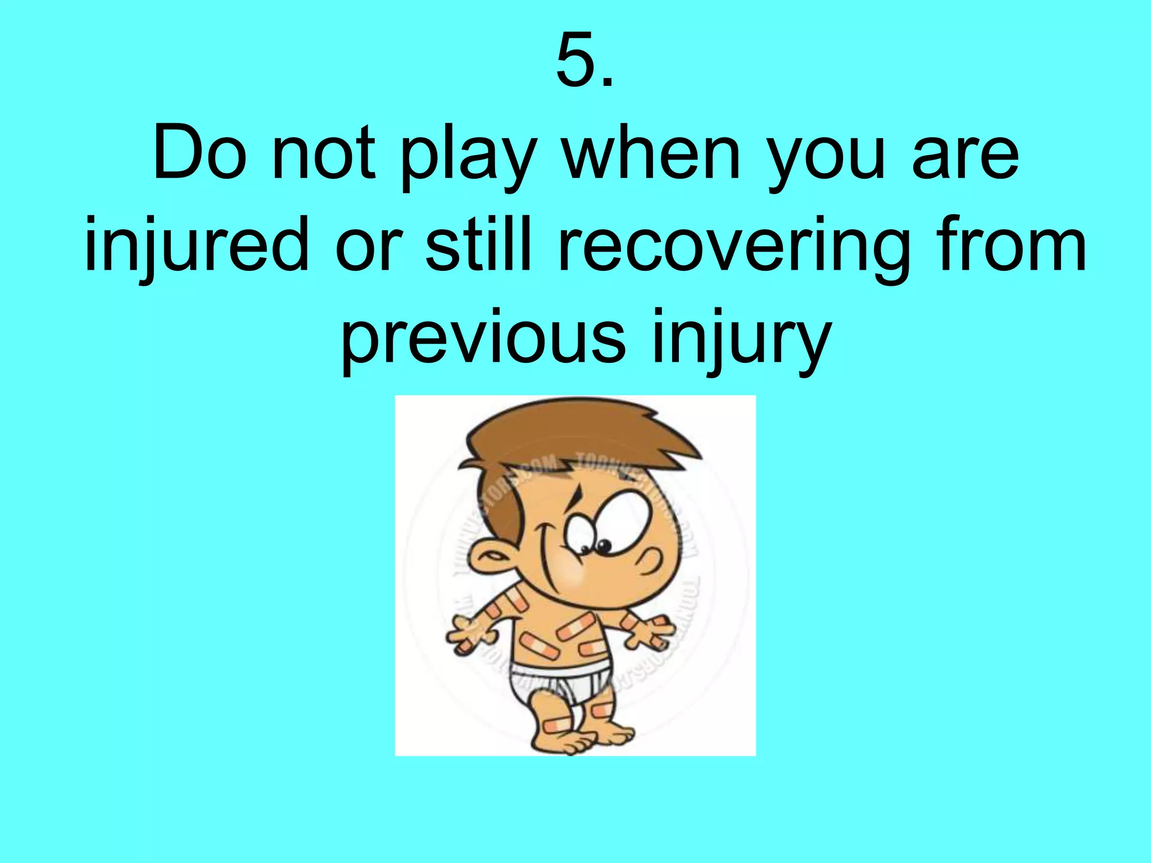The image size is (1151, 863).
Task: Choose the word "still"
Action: click(x=478, y=244)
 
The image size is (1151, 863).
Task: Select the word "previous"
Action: click(x=483, y=340)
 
